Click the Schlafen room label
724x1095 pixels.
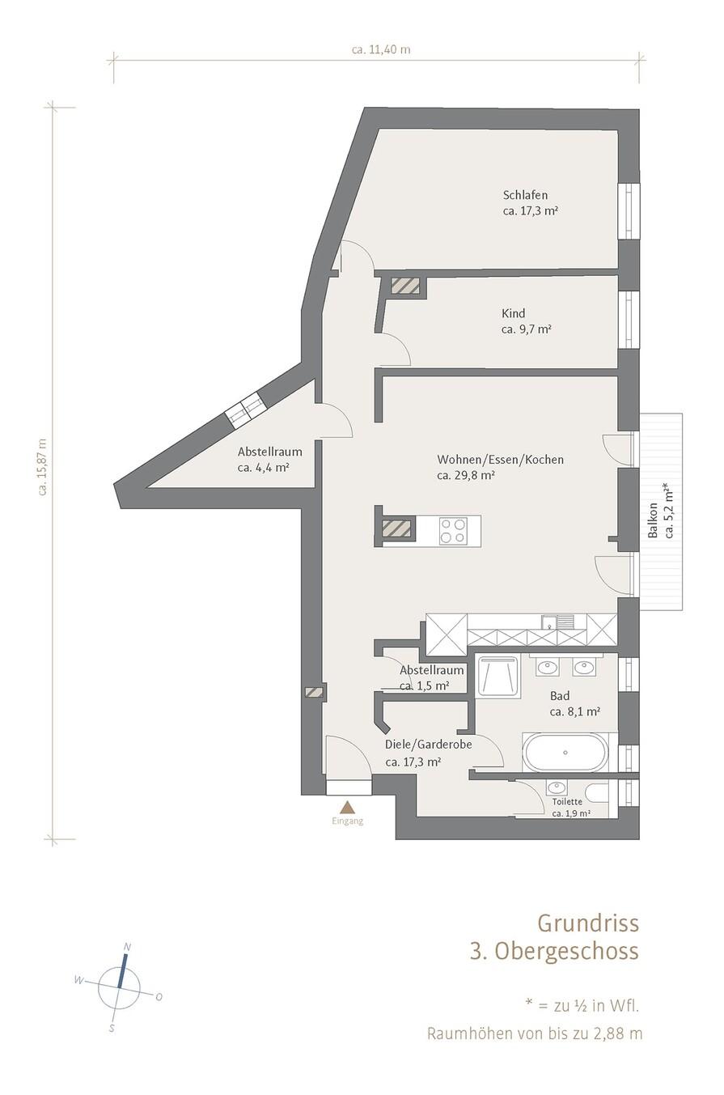pos(525,195)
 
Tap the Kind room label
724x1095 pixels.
pos(513,313)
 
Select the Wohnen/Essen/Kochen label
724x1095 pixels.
pos(500,460)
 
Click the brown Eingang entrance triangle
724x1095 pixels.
pos(347,806)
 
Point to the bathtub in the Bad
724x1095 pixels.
pos(565,753)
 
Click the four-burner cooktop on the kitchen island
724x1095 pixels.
pos(452,530)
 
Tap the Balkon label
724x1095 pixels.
pos(653,520)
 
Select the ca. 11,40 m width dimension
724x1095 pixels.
pos(381,50)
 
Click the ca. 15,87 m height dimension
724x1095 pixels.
pos(43,467)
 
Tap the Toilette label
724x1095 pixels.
pos(567,802)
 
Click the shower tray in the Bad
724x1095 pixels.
pos(498,676)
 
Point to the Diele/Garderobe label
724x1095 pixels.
pos(429,745)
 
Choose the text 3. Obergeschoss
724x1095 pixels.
pos(554,951)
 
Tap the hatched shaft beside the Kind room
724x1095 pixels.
pos(404,286)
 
